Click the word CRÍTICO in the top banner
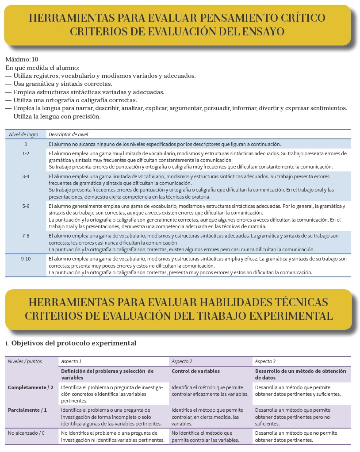coord(297,18)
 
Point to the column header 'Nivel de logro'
coord(24,134)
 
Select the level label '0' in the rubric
coord(26,144)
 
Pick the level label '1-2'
coord(26,153)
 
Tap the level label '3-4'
coord(26,176)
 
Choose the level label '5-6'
coord(26,206)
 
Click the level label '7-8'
coord(26,236)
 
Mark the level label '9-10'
coord(26,259)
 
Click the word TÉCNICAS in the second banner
coord(296,302)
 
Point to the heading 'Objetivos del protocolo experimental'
coord(74,343)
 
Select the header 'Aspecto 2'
coord(182,361)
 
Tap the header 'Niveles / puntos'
coord(25,361)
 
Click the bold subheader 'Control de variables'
coord(195,371)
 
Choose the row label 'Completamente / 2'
coord(31,387)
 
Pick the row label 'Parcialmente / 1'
coord(27,410)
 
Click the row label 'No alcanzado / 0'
coord(26,433)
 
